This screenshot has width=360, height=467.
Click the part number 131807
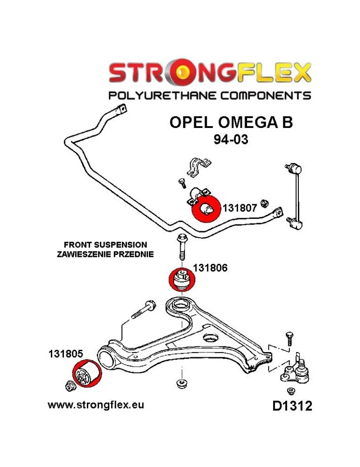tap(240, 208)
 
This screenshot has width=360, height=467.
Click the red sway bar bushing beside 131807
tap(205, 210)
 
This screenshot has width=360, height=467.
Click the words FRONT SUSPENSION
tap(105, 245)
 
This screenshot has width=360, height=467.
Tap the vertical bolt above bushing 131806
tap(181, 248)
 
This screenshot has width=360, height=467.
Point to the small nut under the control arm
tap(181, 383)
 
